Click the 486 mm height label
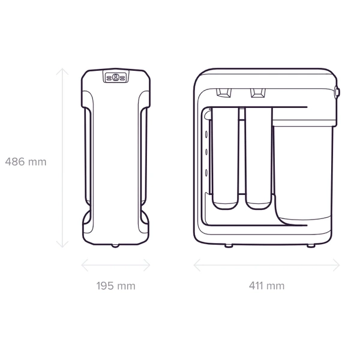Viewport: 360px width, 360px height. coord(26,162)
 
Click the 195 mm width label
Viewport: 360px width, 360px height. coord(116,286)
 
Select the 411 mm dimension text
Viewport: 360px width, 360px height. coord(266,286)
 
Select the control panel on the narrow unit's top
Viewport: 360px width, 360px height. coord(116,76)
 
